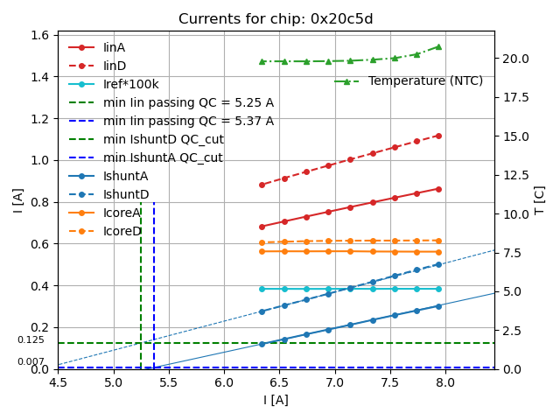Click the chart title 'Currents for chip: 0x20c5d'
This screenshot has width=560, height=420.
click(x=276, y=19)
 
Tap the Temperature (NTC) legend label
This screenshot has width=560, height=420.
click(x=425, y=81)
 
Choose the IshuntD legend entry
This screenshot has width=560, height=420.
click(x=126, y=194)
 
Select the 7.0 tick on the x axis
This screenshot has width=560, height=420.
click(x=334, y=382)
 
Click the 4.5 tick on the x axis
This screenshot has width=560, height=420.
click(x=58, y=382)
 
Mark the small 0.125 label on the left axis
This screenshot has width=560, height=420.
click(x=31, y=340)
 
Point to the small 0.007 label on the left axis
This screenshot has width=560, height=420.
click(x=31, y=361)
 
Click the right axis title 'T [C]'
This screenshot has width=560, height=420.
click(x=540, y=199)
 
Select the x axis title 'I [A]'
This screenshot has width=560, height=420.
click(x=276, y=400)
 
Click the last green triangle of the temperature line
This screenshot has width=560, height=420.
click(x=438, y=47)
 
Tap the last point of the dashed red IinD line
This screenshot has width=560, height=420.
click(x=438, y=136)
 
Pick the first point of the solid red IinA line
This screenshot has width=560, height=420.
click(x=262, y=227)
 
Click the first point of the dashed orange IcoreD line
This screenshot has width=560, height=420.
click(x=262, y=243)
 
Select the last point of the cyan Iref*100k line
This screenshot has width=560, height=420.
click(x=438, y=289)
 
